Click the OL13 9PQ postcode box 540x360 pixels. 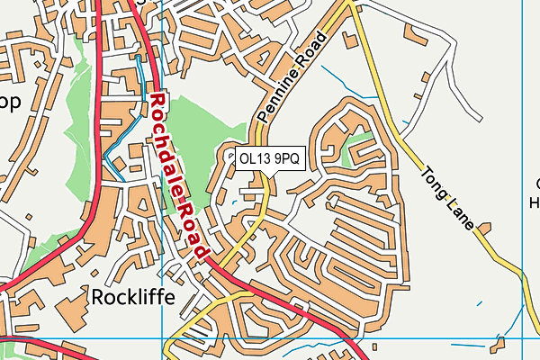(x=268, y=158)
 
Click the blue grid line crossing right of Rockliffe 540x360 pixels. (x=163, y=339)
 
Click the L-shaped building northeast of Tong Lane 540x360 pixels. (x=416, y=37)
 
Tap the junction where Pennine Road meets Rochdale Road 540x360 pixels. (x=213, y=261)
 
